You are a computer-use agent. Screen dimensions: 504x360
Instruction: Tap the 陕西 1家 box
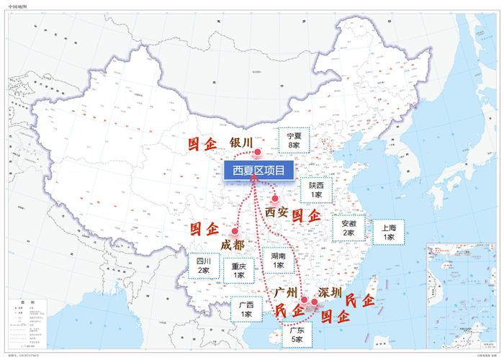pyautogui.click(x=315, y=189)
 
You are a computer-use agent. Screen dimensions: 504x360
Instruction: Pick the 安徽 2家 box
pyautogui.click(x=348, y=228)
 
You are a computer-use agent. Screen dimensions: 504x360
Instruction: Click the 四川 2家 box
pyautogui.click(x=204, y=266)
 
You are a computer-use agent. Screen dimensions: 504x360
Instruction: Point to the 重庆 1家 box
pyautogui.click(x=239, y=270)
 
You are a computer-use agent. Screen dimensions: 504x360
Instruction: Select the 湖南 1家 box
pyautogui.click(x=279, y=260)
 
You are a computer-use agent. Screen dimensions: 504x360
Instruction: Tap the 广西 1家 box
pyautogui.click(x=246, y=309)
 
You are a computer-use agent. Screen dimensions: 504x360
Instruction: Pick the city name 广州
pyautogui.click(x=286, y=292)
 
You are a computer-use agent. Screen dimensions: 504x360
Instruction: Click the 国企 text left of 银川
pyautogui.click(x=202, y=144)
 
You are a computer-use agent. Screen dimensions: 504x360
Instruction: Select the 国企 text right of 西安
pyautogui.click(x=306, y=215)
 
